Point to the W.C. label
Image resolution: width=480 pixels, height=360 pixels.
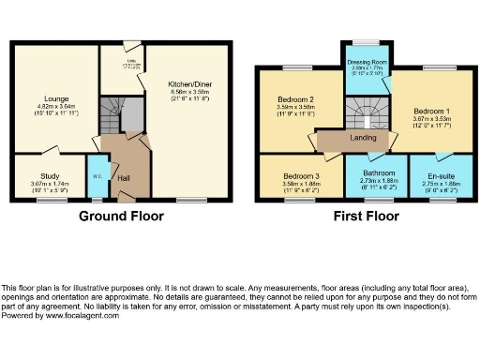pyautogui.click(x=97, y=175)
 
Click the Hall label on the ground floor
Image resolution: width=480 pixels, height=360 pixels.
pyautogui.click(x=124, y=176)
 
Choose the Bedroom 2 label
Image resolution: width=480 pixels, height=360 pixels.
pyautogui.click(x=294, y=99)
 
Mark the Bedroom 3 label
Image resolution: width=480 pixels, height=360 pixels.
pyautogui.click(x=302, y=176)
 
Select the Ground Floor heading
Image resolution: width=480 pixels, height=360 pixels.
pyautogui.click(x=121, y=216)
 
